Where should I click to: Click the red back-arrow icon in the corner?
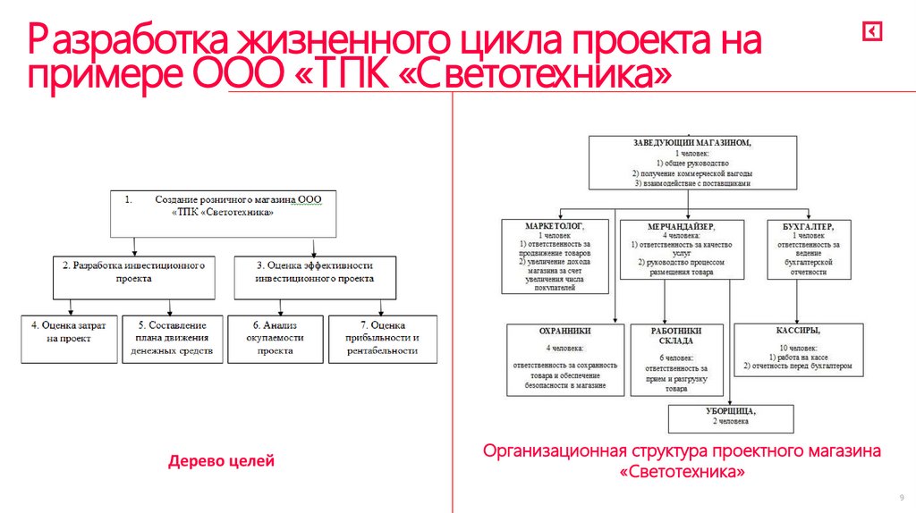(x=872, y=32)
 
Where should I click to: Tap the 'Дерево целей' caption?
(x=221, y=461)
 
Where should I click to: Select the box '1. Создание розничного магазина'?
(x=225, y=213)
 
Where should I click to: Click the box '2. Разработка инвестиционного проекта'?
(x=134, y=276)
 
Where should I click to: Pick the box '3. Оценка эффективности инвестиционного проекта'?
(x=314, y=276)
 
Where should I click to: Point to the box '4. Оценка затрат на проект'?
(x=69, y=339)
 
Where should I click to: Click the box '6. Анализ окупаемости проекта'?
(x=276, y=339)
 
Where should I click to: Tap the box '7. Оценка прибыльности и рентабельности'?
(x=383, y=339)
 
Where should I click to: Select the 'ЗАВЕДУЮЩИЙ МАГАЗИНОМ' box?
(x=691, y=162)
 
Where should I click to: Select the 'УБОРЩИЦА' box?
(x=730, y=416)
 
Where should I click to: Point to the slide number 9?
(x=901, y=497)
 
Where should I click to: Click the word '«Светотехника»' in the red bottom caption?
(x=682, y=470)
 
